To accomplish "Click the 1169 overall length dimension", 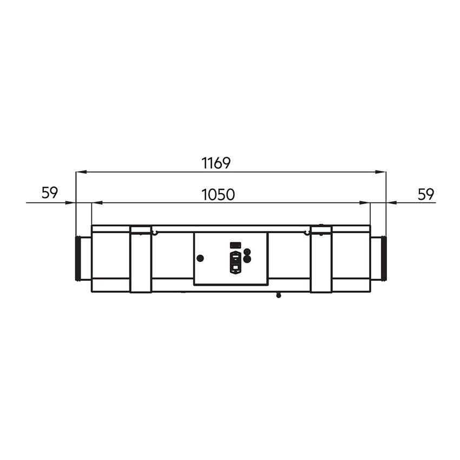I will (x=216, y=162).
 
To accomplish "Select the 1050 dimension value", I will (x=218, y=194).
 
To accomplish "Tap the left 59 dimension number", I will (x=49, y=193).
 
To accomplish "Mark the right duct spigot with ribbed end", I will (x=378, y=259).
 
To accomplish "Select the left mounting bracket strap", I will (x=141, y=259).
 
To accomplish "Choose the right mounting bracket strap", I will (x=321, y=259).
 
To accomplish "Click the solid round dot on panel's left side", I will (x=200, y=258).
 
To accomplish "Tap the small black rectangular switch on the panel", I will (x=235, y=245).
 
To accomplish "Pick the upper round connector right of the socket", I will (x=247, y=252).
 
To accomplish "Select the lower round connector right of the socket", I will (x=247, y=259).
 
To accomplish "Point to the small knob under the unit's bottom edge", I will (x=278, y=295).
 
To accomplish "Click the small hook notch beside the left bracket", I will (x=155, y=234).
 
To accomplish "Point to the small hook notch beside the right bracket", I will (x=306, y=234).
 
